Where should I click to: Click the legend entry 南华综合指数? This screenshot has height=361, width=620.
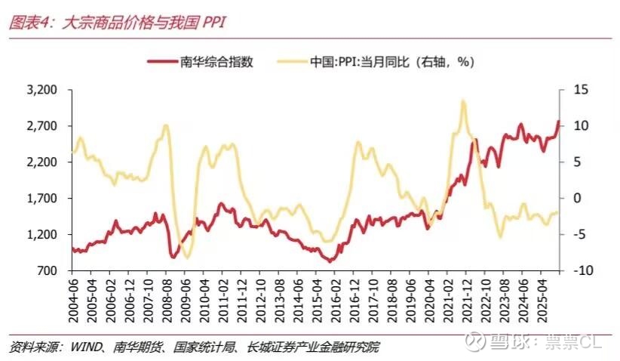(219, 63)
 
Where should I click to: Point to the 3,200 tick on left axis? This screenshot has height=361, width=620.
(43, 90)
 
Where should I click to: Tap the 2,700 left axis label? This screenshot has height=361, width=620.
(43, 126)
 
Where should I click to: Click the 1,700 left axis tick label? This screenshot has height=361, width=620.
(43, 199)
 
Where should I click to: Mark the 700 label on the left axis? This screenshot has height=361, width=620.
(48, 270)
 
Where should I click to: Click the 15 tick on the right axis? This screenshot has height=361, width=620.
(579, 90)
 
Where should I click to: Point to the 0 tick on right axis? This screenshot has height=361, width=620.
(579, 199)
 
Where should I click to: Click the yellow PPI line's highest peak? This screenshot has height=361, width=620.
(462, 100)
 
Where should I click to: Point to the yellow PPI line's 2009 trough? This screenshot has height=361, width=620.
(187, 257)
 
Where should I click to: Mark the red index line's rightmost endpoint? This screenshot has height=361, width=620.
(559, 121)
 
